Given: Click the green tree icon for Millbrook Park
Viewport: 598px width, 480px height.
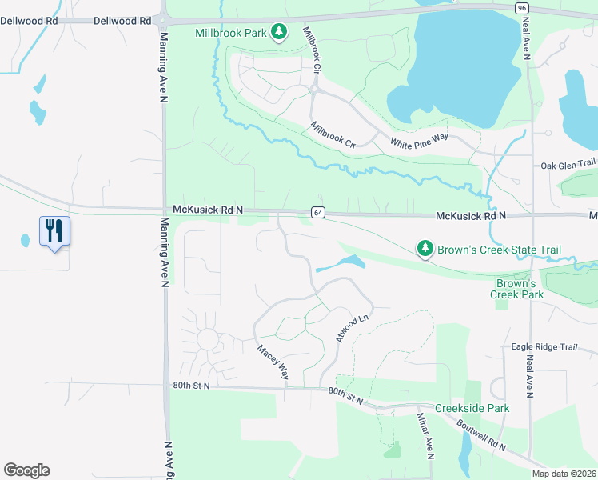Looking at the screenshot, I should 278,32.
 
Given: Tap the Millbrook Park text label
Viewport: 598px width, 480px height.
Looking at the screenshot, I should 231,33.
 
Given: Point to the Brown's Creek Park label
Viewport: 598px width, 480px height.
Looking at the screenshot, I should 516,289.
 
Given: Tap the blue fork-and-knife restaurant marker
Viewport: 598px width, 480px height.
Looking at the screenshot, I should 54,232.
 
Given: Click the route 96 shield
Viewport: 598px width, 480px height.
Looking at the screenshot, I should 521,7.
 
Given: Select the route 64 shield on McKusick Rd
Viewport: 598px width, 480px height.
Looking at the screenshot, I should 318,212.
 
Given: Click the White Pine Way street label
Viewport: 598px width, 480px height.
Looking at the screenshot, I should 419,142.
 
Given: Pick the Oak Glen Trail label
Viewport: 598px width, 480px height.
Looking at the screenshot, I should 568,164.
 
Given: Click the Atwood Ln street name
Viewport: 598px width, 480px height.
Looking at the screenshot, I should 352,328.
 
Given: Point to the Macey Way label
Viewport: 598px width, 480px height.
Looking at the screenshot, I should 273,362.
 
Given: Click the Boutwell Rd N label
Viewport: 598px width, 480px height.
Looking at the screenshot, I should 482,435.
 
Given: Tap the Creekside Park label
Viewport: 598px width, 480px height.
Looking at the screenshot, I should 472,408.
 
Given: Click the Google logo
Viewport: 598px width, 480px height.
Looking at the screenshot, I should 26,470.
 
